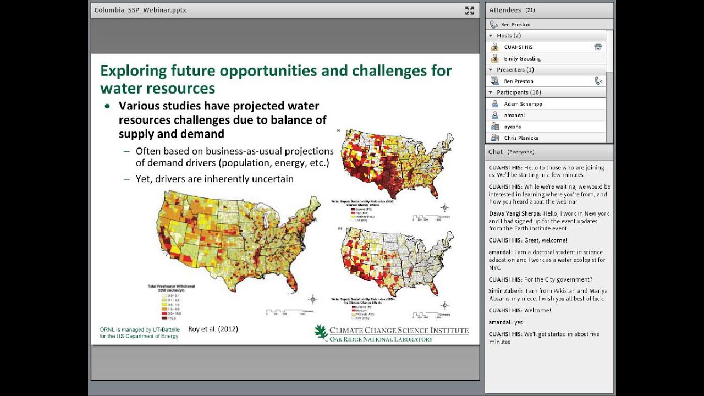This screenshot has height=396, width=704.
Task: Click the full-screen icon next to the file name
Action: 469,10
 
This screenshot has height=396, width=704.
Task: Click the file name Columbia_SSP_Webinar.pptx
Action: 140,10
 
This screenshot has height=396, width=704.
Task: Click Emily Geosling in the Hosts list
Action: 522,58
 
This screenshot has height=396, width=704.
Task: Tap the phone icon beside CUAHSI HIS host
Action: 598,47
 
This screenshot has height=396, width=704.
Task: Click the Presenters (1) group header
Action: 515,70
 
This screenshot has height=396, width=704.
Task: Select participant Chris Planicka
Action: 521,138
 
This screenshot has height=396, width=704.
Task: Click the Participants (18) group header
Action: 518,92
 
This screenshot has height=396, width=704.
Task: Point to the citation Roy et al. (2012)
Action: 213,329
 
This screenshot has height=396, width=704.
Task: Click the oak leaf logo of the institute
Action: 321,332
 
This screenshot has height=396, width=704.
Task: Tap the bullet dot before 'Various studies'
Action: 107,106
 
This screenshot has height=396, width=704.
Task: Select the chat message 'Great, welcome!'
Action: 546,240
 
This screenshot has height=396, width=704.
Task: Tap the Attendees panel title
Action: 504,10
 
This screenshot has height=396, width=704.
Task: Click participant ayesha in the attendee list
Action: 512,127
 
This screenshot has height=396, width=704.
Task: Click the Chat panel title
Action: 496,152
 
